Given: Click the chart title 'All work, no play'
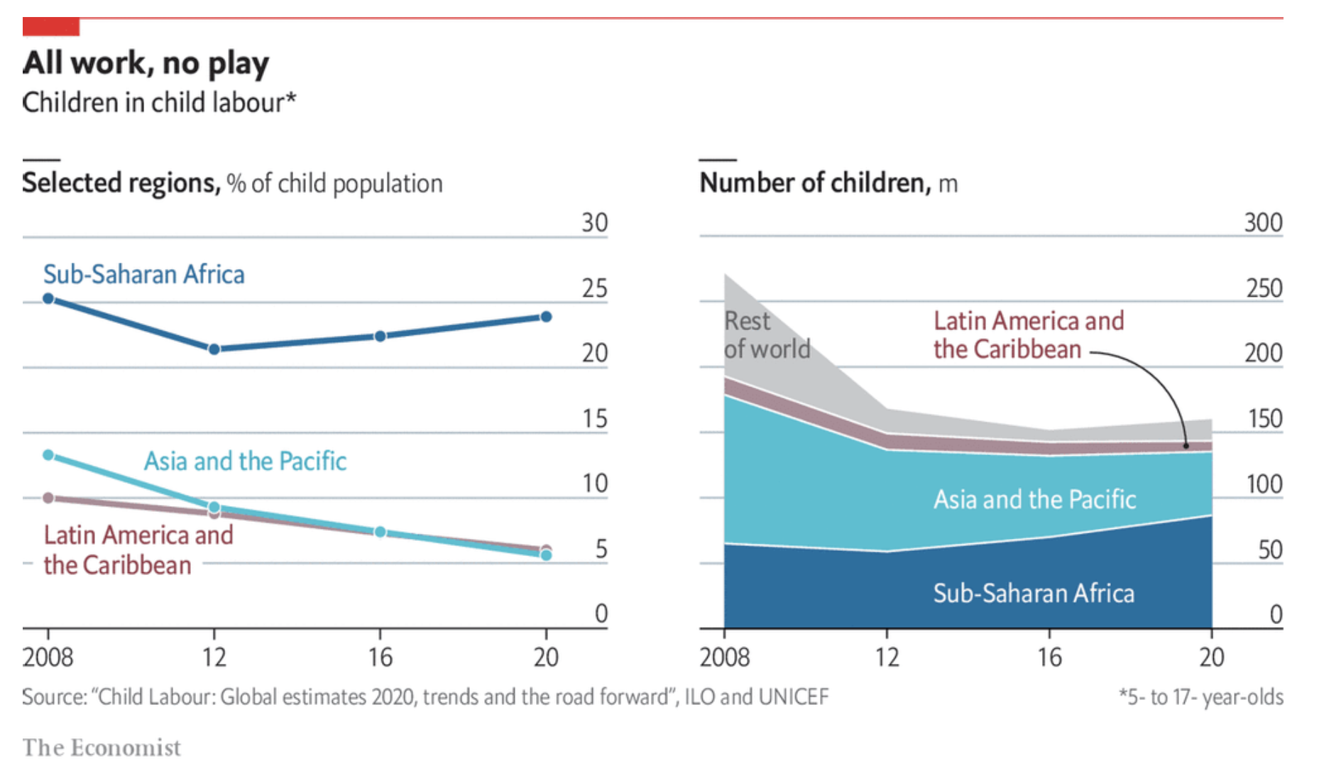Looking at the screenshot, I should [x=146, y=63].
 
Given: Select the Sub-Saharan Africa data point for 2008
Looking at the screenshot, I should [x=48, y=298].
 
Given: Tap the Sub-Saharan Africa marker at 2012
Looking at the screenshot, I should [x=214, y=349].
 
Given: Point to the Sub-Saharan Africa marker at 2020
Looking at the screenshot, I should [x=546, y=317].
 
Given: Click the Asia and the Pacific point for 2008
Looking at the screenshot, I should [x=48, y=454].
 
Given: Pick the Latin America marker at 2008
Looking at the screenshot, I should [x=48, y=498].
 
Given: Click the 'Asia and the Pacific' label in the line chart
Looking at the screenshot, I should [x=245, y=461].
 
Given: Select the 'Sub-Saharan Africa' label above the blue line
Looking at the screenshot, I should [x=143, y=275].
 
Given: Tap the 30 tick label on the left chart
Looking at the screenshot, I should [x=595, y=223].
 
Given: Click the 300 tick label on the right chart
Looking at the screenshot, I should [x=1263, y=223].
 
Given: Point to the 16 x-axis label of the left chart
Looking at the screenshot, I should [x=380, y=657].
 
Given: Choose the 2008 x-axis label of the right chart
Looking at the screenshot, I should [x=724, y=657].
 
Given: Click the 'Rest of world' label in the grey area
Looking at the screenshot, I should [x=767, y=335].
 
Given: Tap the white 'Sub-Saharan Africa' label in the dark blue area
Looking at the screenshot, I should [x=1034, y=594].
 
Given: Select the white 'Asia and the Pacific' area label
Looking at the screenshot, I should [x=1034, y=500].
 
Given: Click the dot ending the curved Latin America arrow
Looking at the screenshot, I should [x=1186, y=446].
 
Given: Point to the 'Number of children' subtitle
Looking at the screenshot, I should [x=814, y=183].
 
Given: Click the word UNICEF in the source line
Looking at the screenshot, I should [x=793, y=697].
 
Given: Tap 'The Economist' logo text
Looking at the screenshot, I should [x=102, y=748].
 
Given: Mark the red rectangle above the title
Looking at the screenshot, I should [x=51, y=27].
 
